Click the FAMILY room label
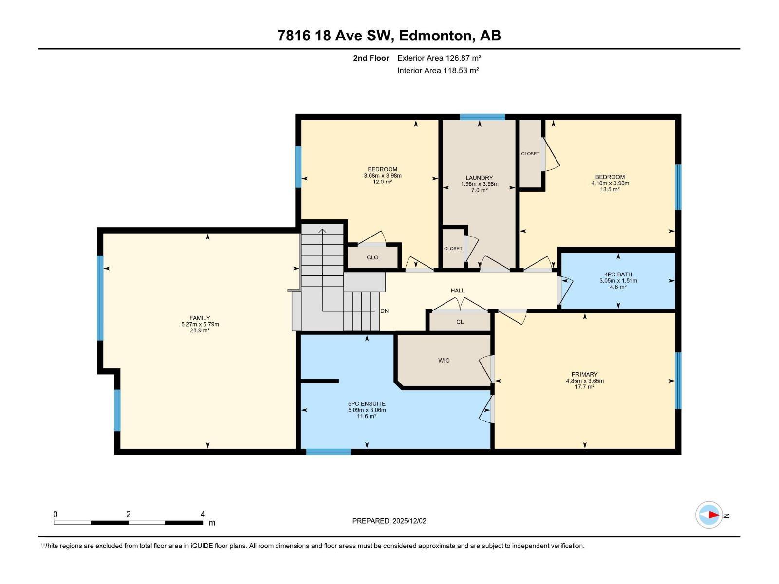200,318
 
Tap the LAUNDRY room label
479,178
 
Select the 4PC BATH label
618,274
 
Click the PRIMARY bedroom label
584,374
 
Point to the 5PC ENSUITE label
366,403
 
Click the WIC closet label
444,361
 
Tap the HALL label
457,291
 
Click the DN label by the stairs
384,311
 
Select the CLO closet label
372,257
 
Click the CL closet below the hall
460,322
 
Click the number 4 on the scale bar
203,514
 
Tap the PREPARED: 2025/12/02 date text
389,521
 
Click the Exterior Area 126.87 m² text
439,58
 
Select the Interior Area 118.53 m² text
438,70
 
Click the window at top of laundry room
482,117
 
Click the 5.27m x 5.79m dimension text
200,324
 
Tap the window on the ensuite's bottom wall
328,452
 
